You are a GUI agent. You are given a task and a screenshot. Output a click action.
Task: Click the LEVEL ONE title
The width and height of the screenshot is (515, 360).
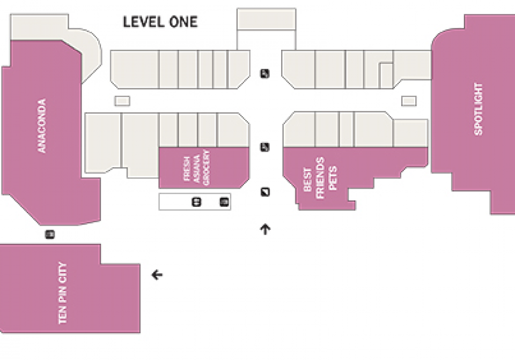160,22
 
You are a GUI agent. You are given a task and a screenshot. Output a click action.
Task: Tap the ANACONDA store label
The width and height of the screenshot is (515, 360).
42,126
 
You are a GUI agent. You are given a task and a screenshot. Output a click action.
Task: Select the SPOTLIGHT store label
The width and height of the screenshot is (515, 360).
478,109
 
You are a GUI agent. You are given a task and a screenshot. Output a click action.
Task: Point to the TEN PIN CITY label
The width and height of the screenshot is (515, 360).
62,293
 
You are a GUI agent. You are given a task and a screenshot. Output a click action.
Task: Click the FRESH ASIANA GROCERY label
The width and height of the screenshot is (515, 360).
197,168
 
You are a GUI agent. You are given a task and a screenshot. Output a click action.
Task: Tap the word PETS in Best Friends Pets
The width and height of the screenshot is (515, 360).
333,178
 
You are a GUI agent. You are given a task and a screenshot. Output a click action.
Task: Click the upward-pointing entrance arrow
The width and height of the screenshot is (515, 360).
266,229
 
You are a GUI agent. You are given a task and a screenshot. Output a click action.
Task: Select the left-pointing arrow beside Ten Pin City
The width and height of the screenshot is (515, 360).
157,275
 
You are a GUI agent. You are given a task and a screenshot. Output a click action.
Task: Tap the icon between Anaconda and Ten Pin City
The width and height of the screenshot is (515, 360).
49,235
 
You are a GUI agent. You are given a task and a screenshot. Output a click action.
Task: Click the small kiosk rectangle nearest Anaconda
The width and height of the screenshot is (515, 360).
122,101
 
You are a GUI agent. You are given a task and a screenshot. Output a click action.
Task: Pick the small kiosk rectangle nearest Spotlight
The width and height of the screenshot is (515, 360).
409,101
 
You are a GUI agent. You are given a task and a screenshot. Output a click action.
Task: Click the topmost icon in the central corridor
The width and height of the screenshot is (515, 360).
265,73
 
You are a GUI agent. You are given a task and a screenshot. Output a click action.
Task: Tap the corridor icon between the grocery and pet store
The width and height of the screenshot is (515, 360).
265,147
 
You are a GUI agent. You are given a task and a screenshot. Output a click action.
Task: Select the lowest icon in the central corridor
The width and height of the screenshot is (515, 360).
266,192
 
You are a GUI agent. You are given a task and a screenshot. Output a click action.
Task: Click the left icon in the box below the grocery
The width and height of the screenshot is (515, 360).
196,202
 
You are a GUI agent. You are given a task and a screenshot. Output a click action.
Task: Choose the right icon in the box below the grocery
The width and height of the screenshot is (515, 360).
224,202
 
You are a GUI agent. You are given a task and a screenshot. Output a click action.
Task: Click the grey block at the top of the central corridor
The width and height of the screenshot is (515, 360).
267,19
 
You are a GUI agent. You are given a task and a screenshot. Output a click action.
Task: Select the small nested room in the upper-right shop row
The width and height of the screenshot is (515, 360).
386,75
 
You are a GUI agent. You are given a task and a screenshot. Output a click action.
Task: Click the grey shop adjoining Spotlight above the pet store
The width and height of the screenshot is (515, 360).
410,133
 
